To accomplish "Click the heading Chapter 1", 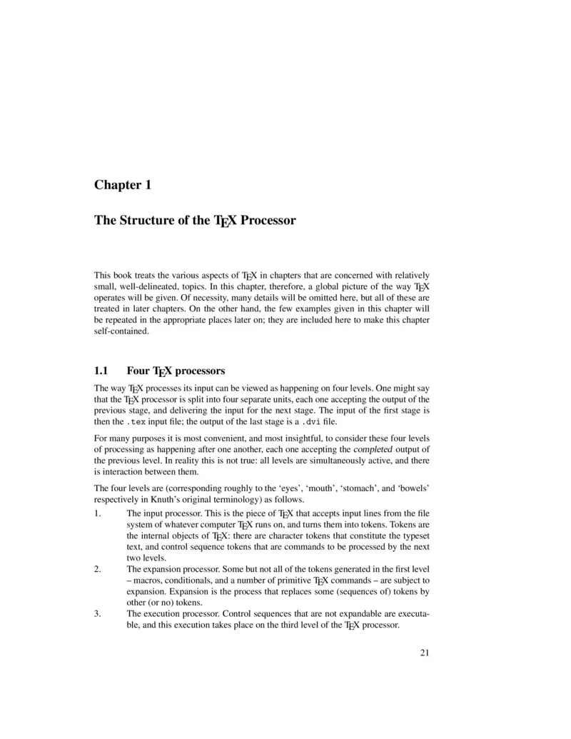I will [x=123, y=185].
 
